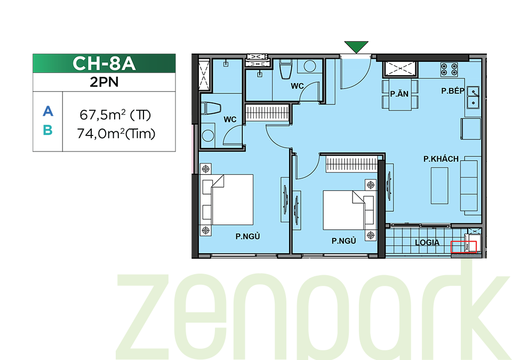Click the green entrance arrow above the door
click(x=356, y=46)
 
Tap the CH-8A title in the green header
click(x=104, y=63)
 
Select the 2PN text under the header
click(x=104, y=82)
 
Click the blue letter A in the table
click(x=47, y=111)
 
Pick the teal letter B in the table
click(x=47, y=130)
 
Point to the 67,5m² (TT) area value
click(x=115, y=115)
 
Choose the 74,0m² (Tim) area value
click(x=116, y=134)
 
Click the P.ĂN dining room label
click(x=399, y=94)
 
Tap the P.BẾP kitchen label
click(x=453, y=91)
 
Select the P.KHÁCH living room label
click(x=441, y=159)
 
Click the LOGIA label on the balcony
click(x=427, y=242)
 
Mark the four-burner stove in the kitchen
click(x=449, y=69)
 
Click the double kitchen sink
click(x=473, y=98)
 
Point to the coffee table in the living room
click(x=439, y=186)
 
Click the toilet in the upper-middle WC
click(x=286, y=69)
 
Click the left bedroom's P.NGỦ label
click(x=247, y=236)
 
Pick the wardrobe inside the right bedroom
click(x=351, y=164)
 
